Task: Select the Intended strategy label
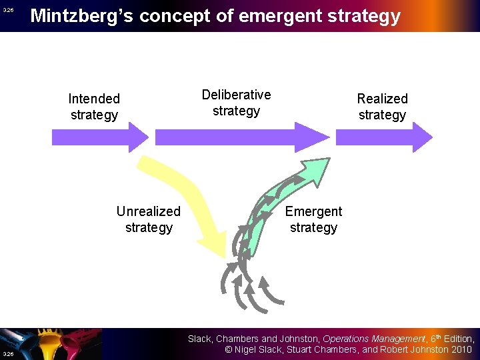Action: click(94, 107)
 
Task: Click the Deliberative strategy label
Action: click(236, 103)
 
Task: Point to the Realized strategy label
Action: click(382, 107)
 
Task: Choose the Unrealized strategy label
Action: click(148, 219)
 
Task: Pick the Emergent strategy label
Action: click(313, 219)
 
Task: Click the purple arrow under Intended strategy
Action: click(99, 137)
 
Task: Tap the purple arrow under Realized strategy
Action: click(383, 137)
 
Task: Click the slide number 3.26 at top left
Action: click(8, 10)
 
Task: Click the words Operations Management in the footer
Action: click(373, 339)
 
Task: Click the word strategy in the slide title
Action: click(366, 15)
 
